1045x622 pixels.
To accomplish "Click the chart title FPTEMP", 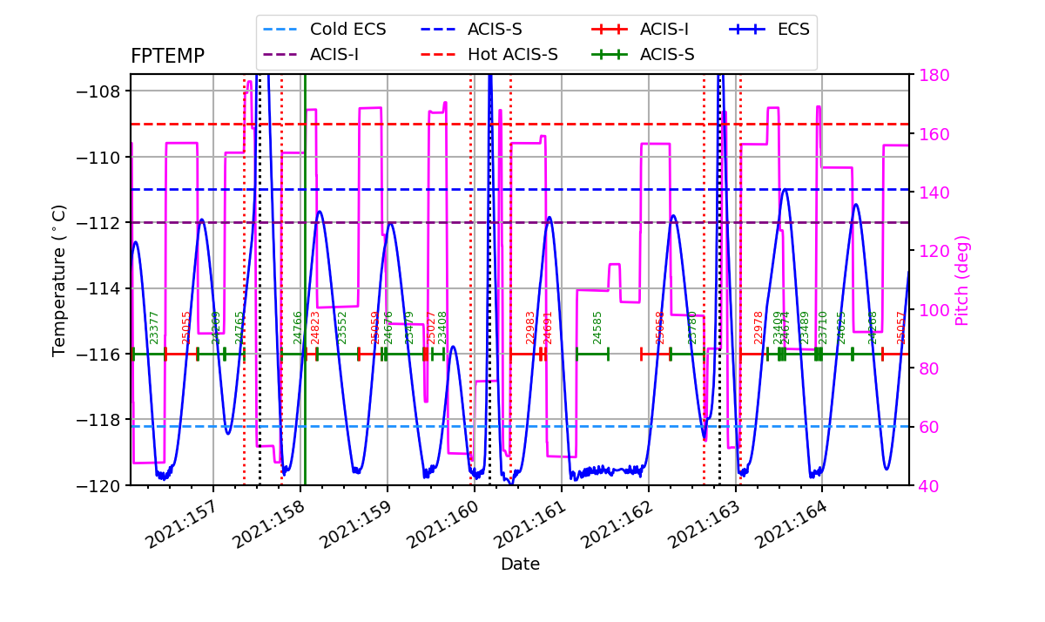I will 167,57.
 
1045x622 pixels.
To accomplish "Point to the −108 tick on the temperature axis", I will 104,91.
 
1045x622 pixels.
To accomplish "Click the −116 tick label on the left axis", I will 104,354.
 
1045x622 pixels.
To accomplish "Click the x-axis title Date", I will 520,565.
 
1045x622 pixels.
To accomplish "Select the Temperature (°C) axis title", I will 59,280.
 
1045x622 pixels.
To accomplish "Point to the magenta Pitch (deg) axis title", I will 962,280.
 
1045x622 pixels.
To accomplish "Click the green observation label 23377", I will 154,328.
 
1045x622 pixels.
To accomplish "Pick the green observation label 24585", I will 597,328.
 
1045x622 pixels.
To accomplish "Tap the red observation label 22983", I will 530,328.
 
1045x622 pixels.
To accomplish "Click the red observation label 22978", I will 758,328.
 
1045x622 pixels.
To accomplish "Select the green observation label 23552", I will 342,328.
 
